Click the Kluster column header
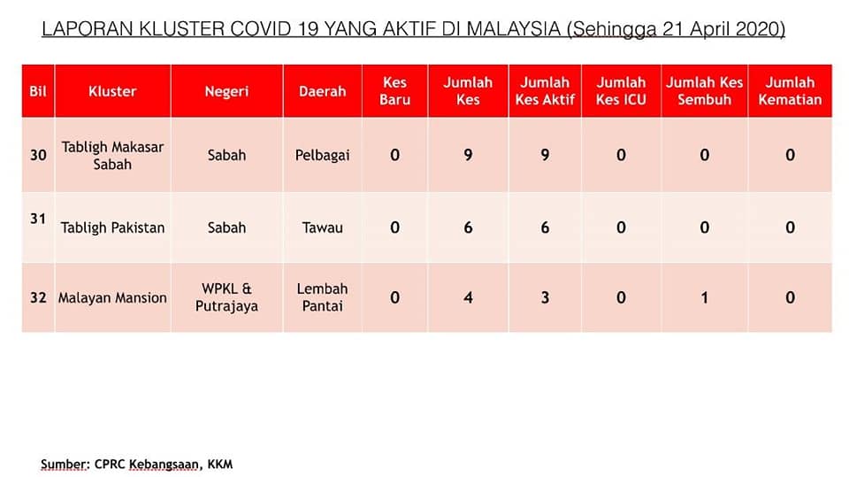pyautogui.click(x=112, y=91)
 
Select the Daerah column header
pyautogui.click(x=322, y=91)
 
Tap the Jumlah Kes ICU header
pyautogui.click(x=621, y=91)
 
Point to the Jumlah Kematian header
pyautogui.click(x=790, y=91)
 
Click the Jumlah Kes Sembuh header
pyautogui.click(x=705, y=91)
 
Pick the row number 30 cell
pyautogui.click(x=38, y=155)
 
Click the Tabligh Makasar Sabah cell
pyautogui.click(x=112, y=155)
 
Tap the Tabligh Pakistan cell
pyautogui.click(x=112, y=227)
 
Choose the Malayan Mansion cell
pyautogui.click(x=112, y=297)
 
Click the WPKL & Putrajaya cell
pyautogui.click(x=227, y=297)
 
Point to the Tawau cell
pyautogui.click(x=322, y=227)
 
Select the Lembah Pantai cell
pyautogui.click(x=322, y=297)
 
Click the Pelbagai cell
pyautogui.click(x=322, y=155)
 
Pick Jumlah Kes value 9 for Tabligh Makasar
pyautogui.click(x=468, y=155)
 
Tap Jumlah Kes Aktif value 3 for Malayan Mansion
pyautogui.click(x=545, y=297)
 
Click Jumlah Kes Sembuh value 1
pyautogui.click(x=705, y=297)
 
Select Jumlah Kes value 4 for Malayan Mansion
pyautogui.click(x=468, y=297)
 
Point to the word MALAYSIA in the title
pyautogui.click(x=513, y=28)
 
